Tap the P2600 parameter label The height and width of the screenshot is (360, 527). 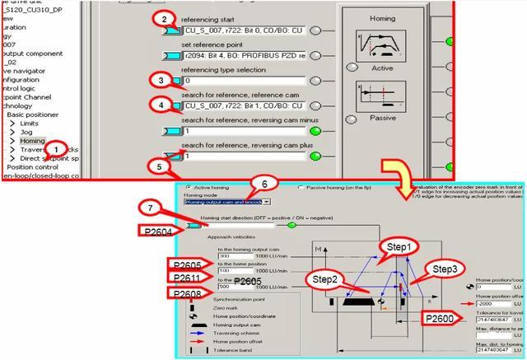click(446, 318)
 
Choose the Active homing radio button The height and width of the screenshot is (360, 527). click(189, 187)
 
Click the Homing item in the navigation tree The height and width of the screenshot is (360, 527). click(32, 141)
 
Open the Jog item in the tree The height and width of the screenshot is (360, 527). click(26, 130)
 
